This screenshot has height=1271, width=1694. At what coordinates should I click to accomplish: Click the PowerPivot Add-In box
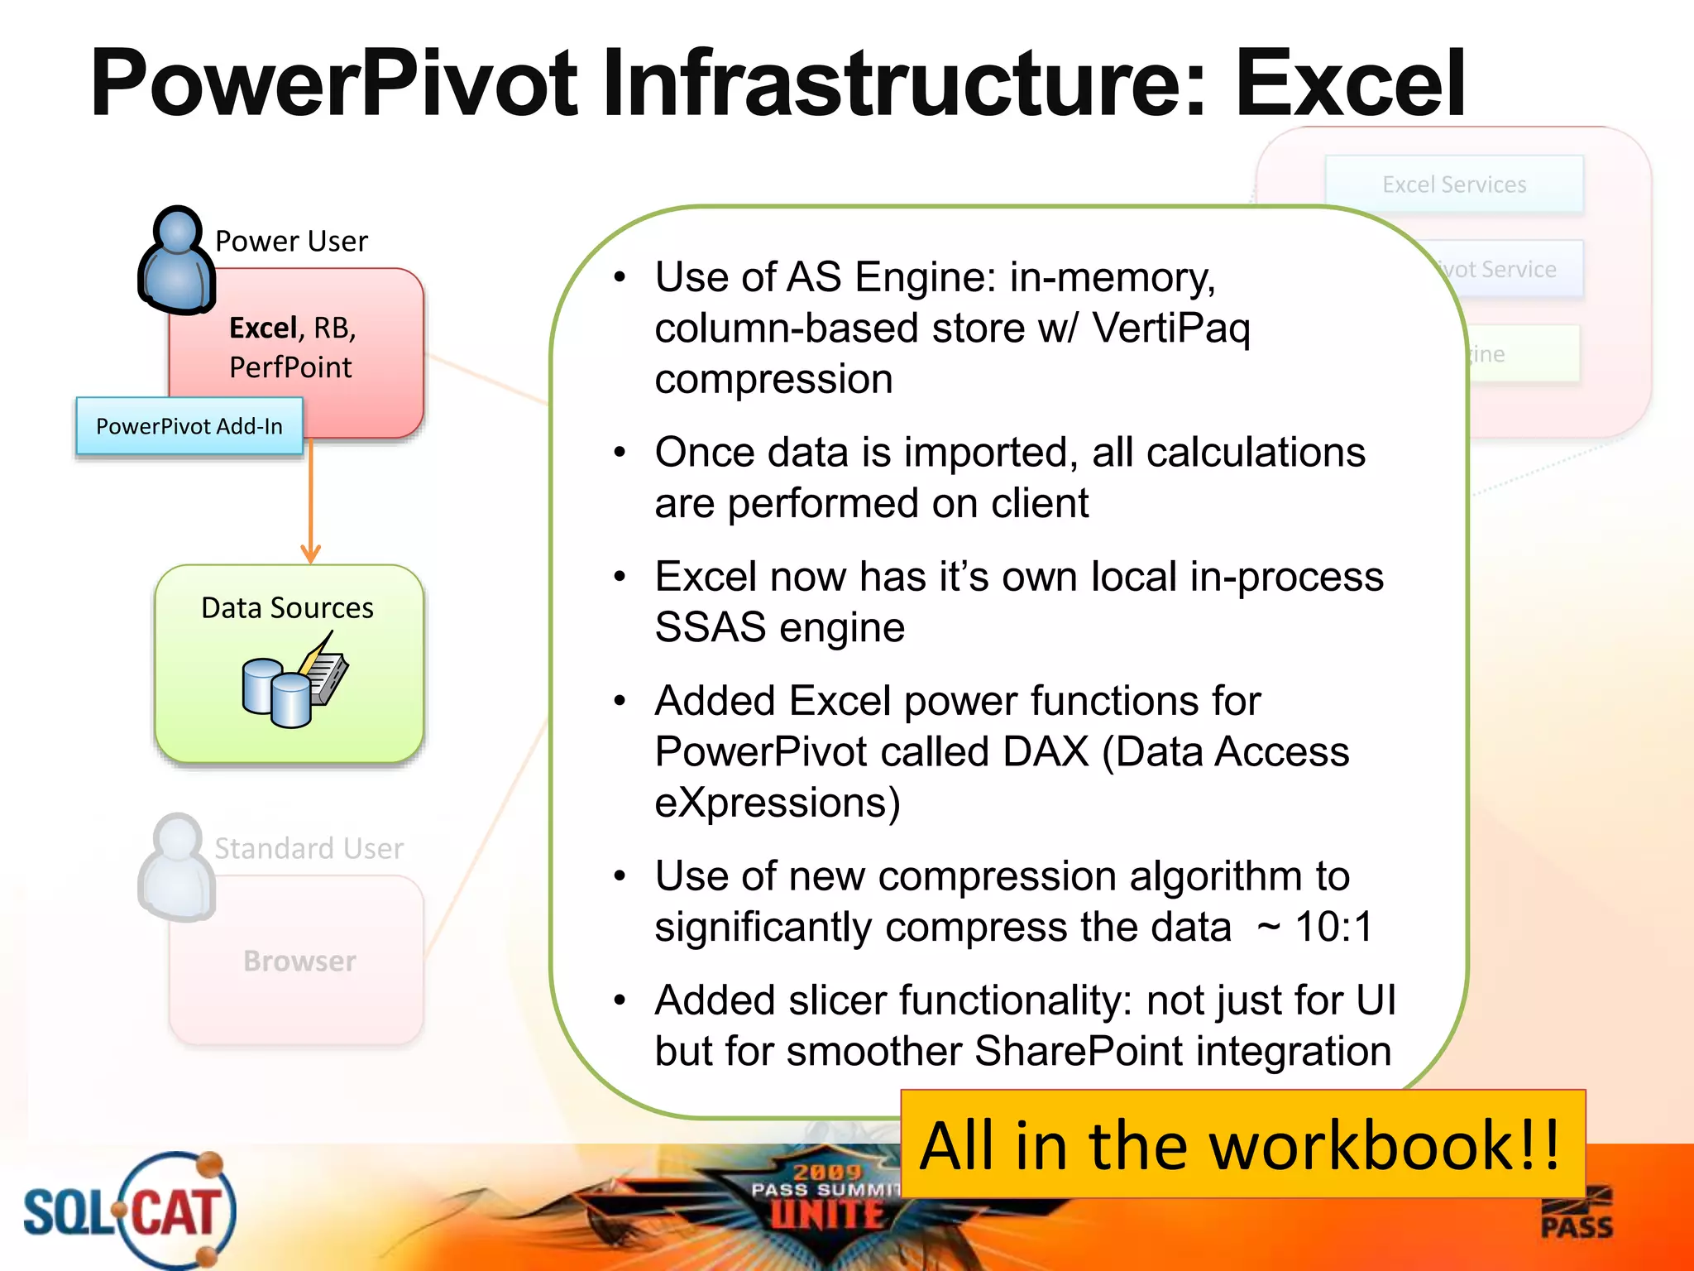(x=189, y=426)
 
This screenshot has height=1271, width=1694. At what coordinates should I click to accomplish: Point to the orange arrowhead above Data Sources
(x=311, y=554)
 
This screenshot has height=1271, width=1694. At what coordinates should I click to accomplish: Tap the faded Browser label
(x=299, y=961)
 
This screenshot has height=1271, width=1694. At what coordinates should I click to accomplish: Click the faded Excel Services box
(x=1454, y=185)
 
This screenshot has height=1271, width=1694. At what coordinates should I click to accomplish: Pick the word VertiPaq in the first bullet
(x=1170, y=329)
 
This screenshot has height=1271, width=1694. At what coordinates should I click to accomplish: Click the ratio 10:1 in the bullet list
(x=1333, y=927)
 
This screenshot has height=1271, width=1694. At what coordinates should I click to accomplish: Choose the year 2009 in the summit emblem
(x=827, y=1171)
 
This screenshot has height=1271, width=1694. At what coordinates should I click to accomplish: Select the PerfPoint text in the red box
(x=290, y=367)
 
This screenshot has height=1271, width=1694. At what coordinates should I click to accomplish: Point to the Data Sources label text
(x=287, y=608)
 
